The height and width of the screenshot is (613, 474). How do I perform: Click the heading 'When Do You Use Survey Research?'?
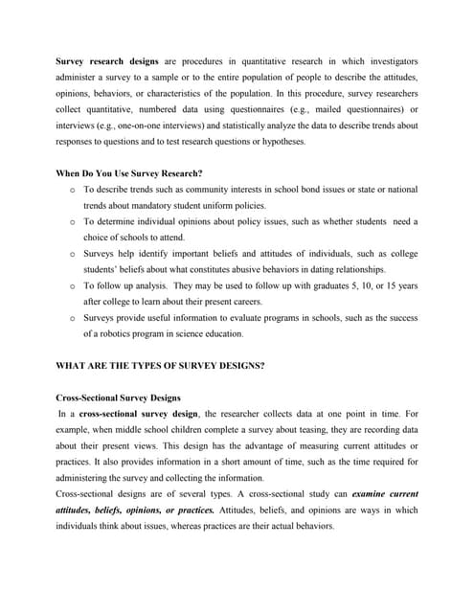[129, 173]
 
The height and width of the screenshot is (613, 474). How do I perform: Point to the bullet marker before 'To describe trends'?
[73, 190]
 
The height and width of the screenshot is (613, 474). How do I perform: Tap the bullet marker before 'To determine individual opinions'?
[73, 222]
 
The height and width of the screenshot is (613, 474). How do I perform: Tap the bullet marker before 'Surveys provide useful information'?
[73, 319]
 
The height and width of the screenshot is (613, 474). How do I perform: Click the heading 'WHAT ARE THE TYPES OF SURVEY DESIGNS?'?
[161, 367]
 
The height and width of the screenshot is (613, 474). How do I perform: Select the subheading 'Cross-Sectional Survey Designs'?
[118, 397]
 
